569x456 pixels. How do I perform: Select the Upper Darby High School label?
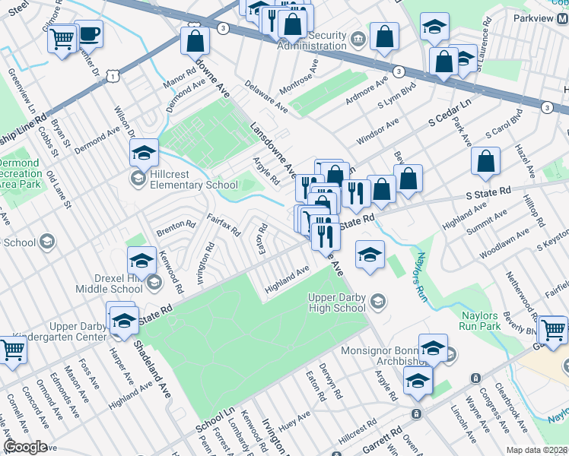pos(337,302)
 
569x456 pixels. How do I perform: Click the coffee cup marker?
pos(88,33)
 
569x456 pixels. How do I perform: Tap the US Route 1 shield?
pos(113,75)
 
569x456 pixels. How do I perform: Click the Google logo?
pos(25,447)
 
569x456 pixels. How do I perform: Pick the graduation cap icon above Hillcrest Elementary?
pos(143,153)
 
